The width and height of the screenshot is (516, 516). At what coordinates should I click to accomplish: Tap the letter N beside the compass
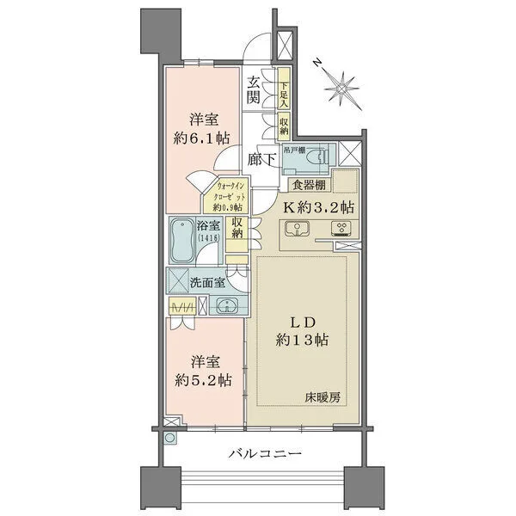[317, 62]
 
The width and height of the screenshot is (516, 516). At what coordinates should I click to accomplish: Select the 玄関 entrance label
[255, 89]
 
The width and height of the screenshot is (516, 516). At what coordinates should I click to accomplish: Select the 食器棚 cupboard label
[308, 183]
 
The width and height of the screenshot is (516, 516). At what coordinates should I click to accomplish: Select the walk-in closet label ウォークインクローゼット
[223, 196]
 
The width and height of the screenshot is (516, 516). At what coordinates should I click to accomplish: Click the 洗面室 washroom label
[209, 280]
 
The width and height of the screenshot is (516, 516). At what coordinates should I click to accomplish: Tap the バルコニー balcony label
[257, 452]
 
